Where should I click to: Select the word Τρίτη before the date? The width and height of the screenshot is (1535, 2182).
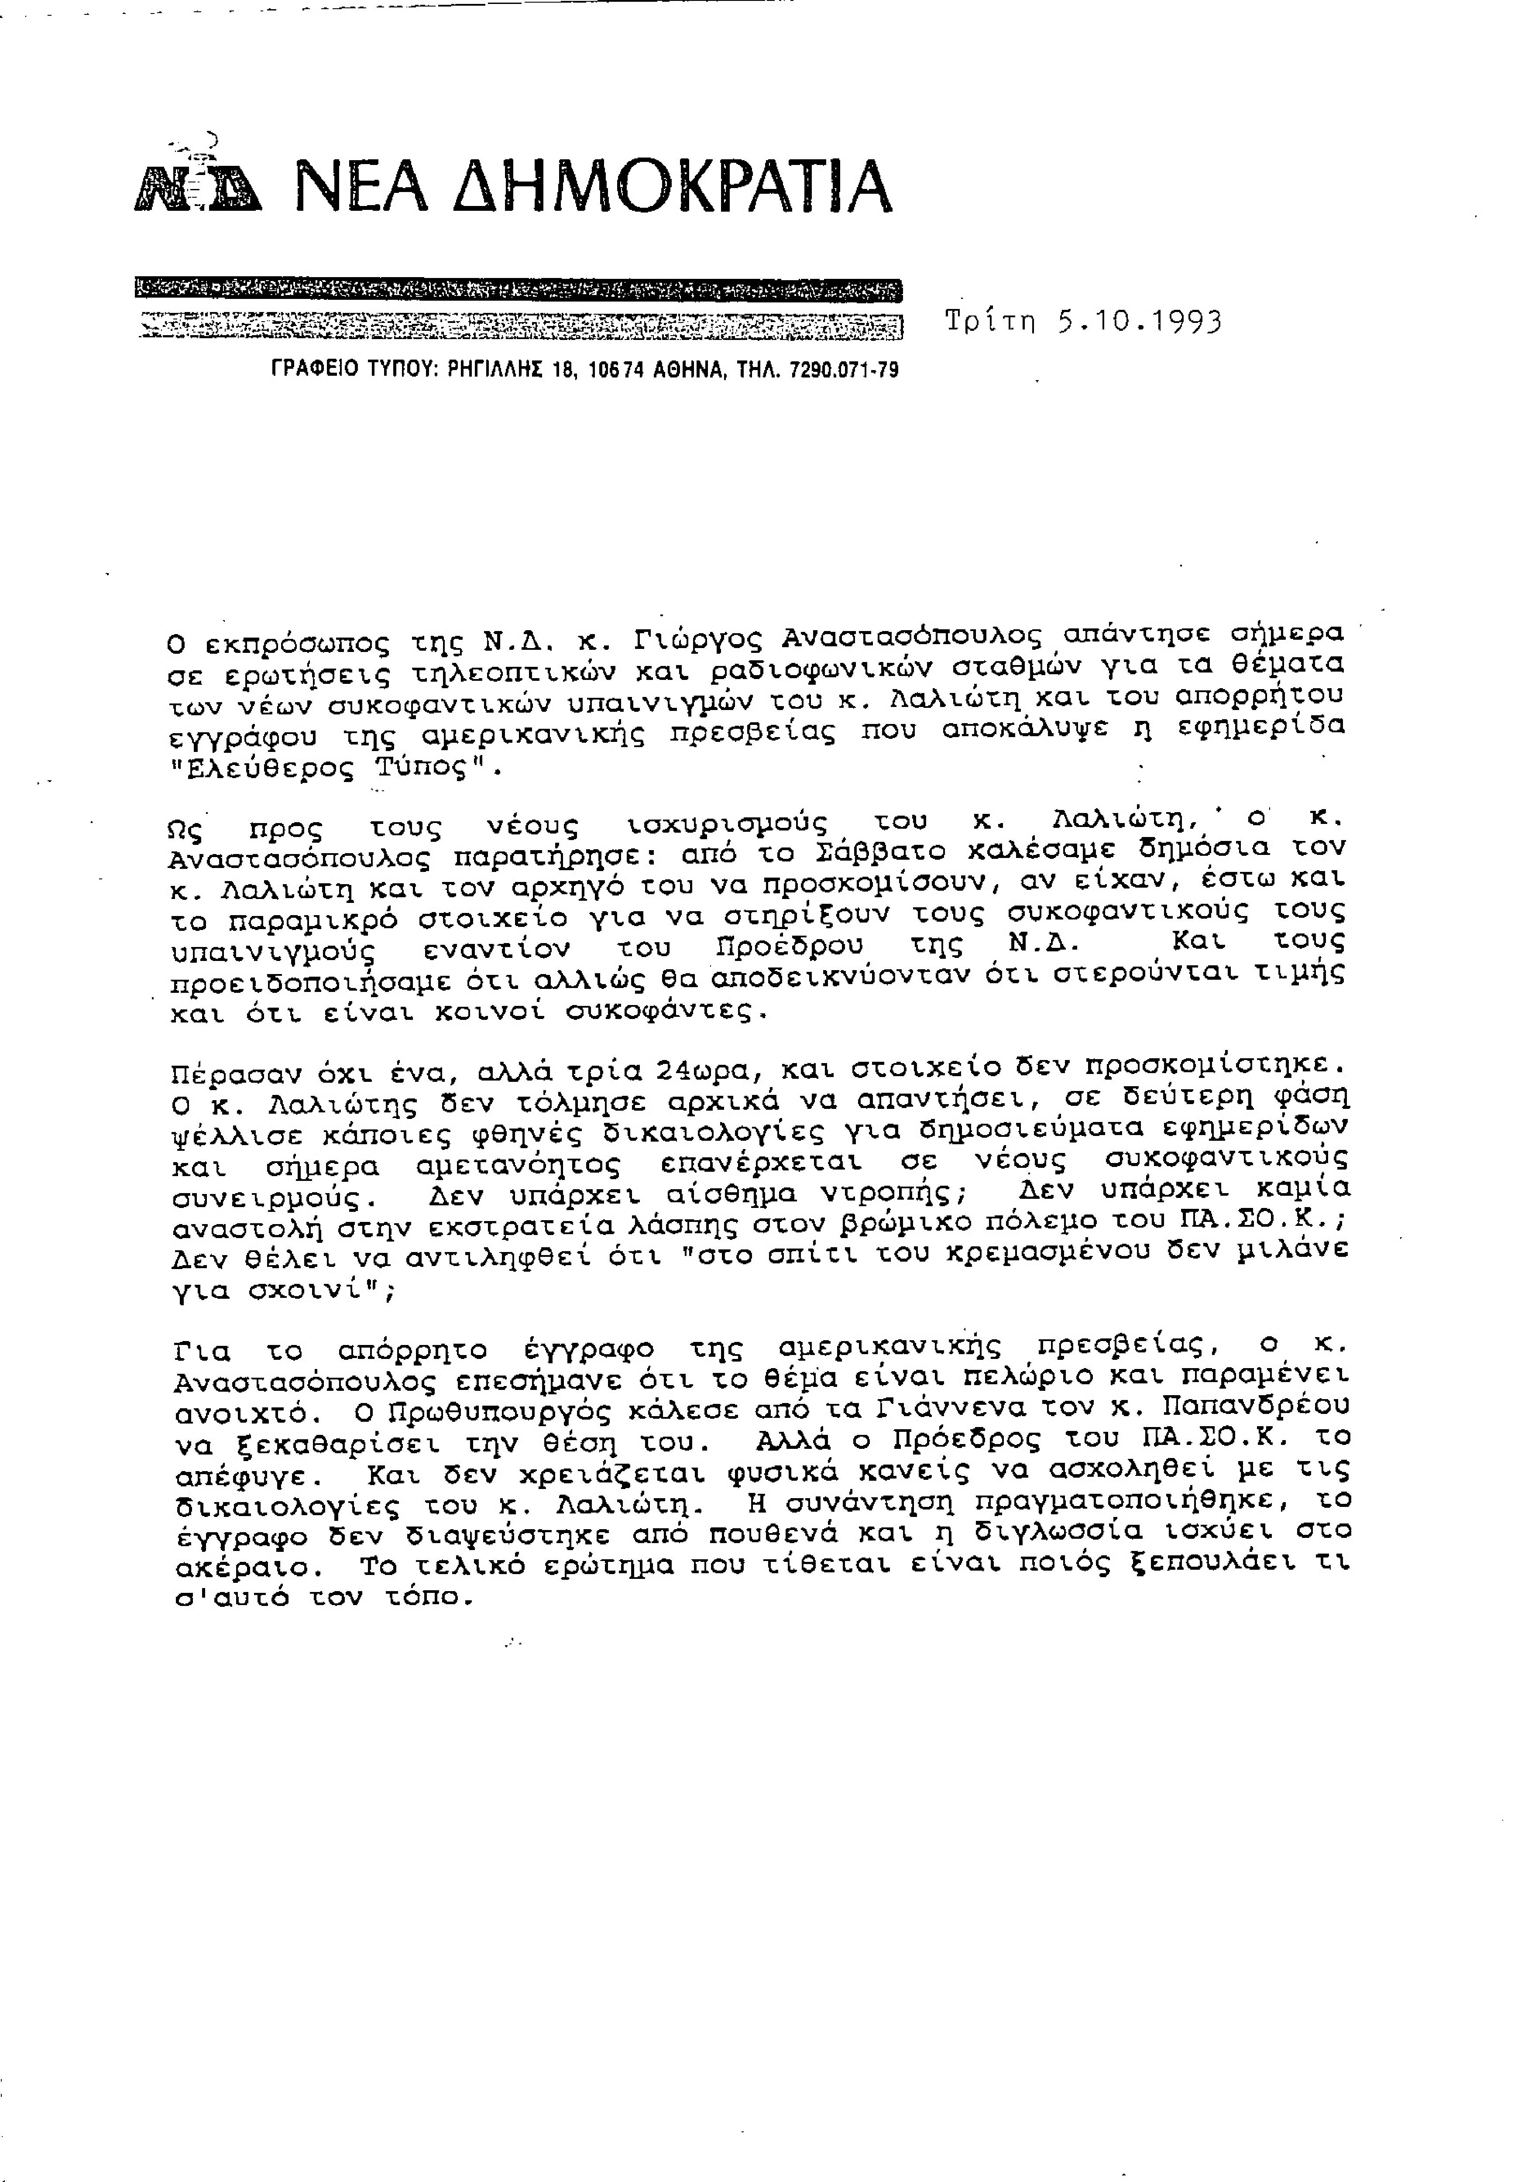click(989, 322)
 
